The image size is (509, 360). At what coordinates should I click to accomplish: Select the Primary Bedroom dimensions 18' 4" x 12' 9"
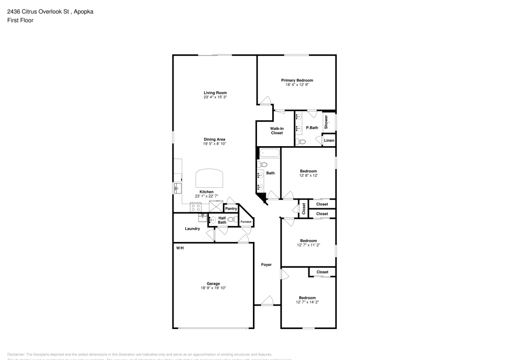(297, 85)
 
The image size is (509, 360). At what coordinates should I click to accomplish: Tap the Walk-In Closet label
(276, 131)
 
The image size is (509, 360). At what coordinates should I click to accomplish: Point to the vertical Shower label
(326, 121)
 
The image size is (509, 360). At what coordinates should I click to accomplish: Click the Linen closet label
(329, 140)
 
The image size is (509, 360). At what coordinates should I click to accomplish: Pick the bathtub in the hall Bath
(269, 153)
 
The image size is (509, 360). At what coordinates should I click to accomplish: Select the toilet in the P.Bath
(301, 142)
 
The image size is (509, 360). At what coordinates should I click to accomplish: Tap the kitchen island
(210, 178)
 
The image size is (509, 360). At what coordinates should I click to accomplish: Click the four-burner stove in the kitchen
(196, 207)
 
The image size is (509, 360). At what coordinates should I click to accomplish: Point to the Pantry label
(231, 208)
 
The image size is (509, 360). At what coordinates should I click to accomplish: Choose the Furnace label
(246, 222)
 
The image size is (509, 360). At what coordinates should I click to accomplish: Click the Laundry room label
(192, 229)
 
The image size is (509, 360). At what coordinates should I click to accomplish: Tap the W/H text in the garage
(180, 248)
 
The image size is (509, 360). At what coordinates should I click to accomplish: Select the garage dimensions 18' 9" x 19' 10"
(213, 288)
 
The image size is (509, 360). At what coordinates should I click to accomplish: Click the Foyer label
(266, 265)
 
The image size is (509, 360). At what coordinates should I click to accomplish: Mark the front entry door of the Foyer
(267, 301)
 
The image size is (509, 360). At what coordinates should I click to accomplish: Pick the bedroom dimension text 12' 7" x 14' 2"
(307, 302)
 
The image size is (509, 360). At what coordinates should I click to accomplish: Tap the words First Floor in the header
(20, 20)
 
